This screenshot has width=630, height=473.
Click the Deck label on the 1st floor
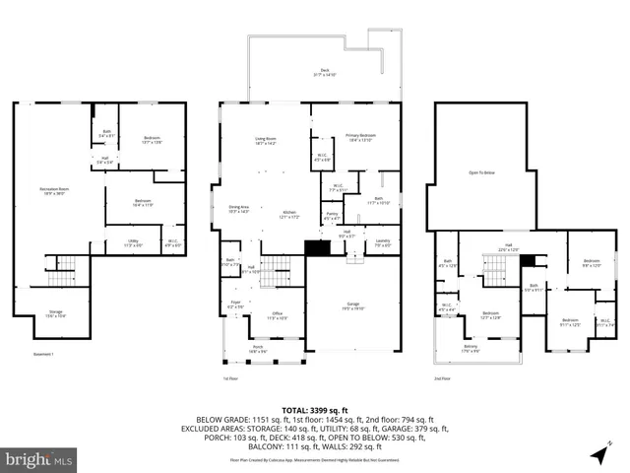coord(324,72)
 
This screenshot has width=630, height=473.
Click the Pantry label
coord(332,216)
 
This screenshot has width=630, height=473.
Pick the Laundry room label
coord(383,242)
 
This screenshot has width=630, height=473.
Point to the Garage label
coord(351,306)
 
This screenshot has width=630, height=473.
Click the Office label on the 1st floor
coord(278,316)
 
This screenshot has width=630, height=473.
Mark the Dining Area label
coord(240,209)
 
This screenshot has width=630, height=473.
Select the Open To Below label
coord(482,171)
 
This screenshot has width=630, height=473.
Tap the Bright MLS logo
coord(39,458)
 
